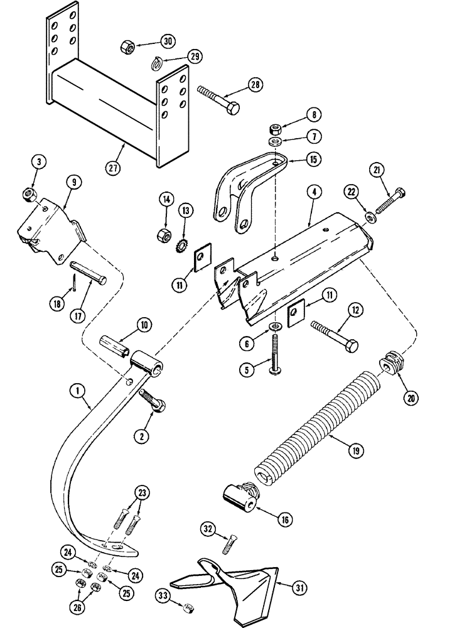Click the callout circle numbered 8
pyautogui.click(x=313, y=114)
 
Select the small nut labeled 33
pyautogui.click(x=186, y=607)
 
